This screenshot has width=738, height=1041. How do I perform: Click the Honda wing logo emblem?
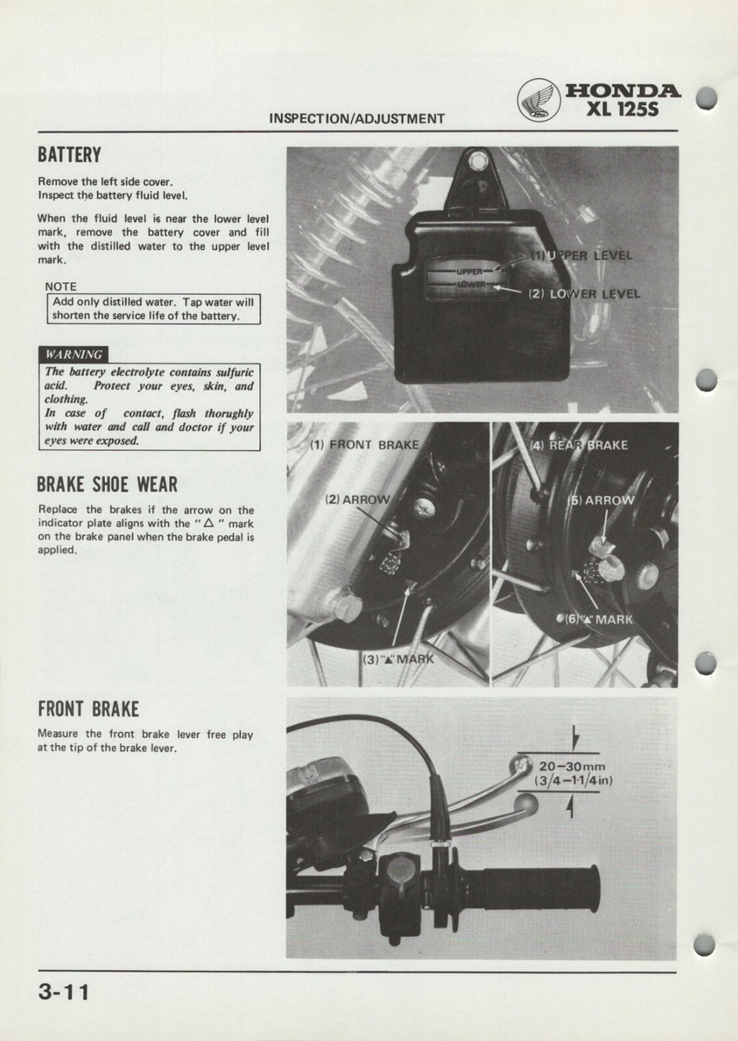tap(539, 100)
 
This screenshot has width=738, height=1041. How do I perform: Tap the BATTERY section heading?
tap(69, 156)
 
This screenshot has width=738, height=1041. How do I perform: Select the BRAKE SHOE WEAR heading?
tap(108, 484)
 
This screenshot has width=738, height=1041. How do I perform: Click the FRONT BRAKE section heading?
tap(88, 709)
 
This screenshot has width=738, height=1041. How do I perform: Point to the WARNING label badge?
tap(75, 354)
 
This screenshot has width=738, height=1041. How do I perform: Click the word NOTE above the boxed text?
tap(61, 286)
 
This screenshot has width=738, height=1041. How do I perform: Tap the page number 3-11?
tap(63, 992)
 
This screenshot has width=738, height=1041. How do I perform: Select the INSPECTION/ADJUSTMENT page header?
tap(357, 119)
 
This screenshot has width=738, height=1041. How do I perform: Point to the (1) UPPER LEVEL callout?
tap(582, 256)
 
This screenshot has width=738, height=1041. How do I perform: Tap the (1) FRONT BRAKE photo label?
tap(364, 445)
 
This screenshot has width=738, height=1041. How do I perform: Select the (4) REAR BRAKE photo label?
tap(578, 446)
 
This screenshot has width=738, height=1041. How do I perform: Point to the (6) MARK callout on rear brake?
tap(599, 619)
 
